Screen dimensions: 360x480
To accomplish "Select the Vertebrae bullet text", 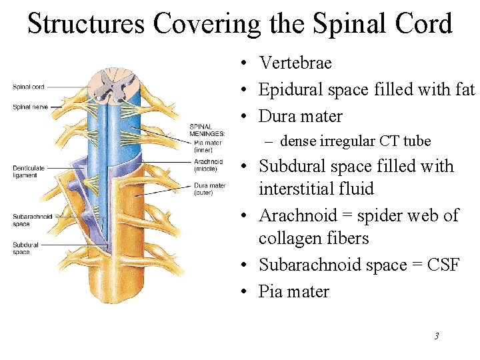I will point(295,63).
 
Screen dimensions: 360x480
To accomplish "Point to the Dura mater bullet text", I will point(300,116).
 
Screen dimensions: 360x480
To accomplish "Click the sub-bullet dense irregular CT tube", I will point(355,141).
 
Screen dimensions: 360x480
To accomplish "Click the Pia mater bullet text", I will point(293,291).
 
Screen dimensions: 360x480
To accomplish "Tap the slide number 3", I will point(436,336).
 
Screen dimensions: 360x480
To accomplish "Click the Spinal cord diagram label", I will point(28,87).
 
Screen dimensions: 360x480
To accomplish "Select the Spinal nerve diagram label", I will point(29,107).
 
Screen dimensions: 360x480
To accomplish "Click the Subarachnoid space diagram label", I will point(32,220).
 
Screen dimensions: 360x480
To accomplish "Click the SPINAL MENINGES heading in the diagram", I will point(207,130).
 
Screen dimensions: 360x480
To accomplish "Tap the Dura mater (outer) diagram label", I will point(209,189).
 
